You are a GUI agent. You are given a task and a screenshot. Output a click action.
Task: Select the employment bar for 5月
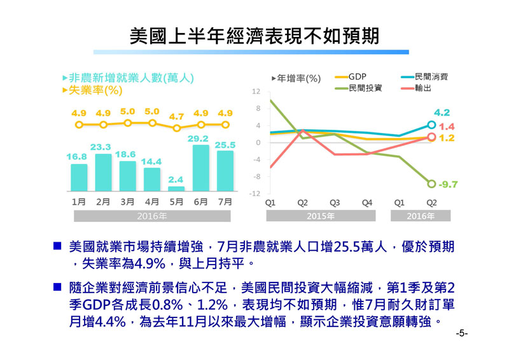176,188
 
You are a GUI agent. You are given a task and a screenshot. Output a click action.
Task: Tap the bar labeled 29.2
200,168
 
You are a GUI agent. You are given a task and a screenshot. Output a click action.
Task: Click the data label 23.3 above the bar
101,147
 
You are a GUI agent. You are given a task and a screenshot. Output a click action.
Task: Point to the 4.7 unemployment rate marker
176,128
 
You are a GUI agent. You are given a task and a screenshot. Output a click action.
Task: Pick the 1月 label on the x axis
79,202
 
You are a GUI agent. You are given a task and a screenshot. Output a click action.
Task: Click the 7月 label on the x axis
225,202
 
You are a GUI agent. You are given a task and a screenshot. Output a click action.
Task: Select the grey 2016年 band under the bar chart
152,216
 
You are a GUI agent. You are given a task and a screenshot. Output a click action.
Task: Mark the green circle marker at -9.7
431,184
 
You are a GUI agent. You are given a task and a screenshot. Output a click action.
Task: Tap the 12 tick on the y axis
256,92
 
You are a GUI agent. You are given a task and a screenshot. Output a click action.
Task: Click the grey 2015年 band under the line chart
319,216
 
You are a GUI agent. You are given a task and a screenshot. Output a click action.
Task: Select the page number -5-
462,333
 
